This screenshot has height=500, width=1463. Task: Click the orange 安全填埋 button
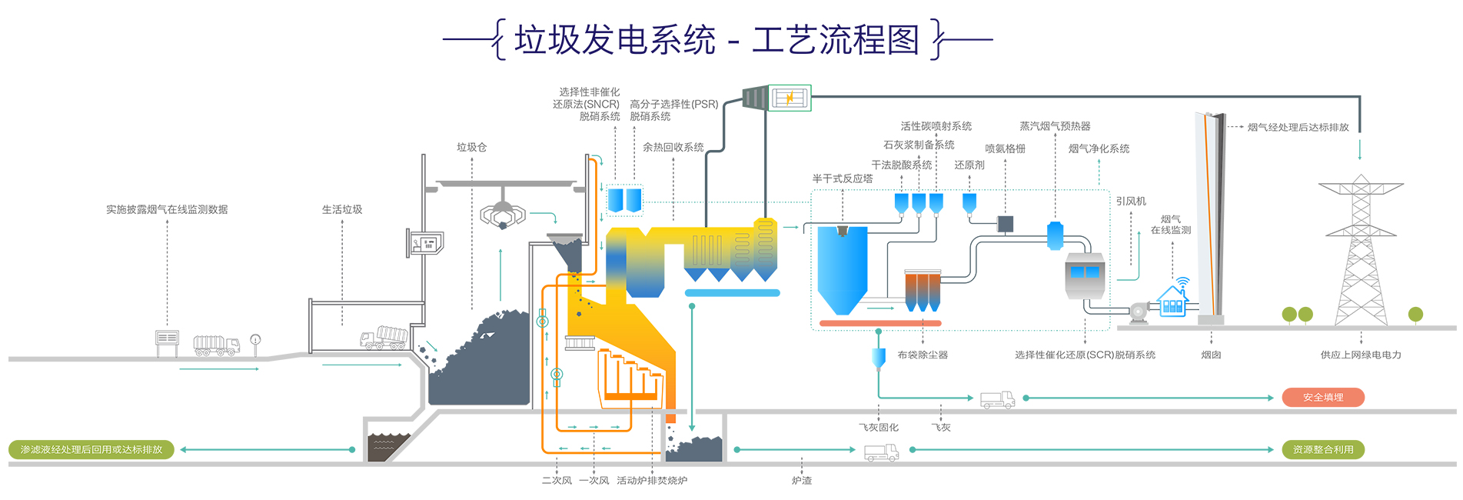pos(1322,398)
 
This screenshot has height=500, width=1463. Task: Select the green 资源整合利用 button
pos(1322,450)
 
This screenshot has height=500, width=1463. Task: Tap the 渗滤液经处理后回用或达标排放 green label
pos(91,450)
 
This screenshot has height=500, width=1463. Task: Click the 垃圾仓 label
pos(471,147)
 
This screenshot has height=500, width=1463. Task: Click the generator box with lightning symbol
pos(790,98)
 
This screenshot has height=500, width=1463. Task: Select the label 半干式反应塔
pos(843,178)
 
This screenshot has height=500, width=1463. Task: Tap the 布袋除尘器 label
pos(923,355)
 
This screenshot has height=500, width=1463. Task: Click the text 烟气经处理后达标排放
pos(1298,128)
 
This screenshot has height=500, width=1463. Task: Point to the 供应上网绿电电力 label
pos(1361,355)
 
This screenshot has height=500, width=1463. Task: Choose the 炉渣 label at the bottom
pos(802,481)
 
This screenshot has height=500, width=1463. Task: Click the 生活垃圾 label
pos(342,209)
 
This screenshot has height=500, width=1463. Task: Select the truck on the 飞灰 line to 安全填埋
pos(997,399)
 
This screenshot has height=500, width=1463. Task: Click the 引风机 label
pos(1131,202)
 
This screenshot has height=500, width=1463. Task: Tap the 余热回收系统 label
pos(673,147)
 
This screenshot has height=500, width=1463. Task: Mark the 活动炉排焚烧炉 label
pos(652,481)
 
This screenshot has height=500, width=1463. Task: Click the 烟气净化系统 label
pos(1099,148)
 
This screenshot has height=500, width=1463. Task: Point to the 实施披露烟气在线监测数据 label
pos(167,209)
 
